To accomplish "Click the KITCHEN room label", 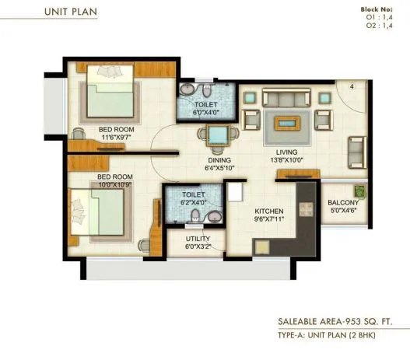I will (268, 211).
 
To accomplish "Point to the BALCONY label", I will (342, 203).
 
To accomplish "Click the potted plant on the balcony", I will (359, 190).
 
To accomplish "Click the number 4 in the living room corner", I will (351, 86).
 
